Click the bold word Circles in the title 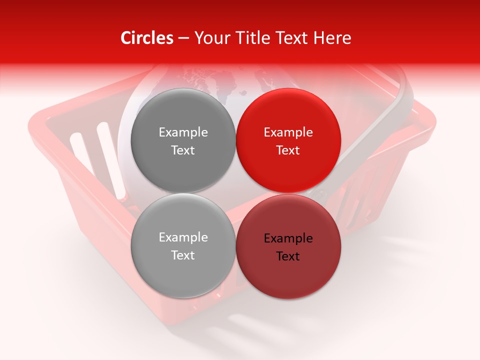(x=147, y=38)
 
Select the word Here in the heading (x=332, y=38)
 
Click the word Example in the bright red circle (x=288, y=132)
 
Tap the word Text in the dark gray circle (x=183, y=150)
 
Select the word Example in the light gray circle (x=183, y=237)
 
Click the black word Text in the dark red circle (x=288, y=256)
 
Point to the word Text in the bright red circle (x=288, y=150)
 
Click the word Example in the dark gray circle (x=183, y=132)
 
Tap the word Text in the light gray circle (x=183, y=255)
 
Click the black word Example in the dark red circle (x=288, y=238)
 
